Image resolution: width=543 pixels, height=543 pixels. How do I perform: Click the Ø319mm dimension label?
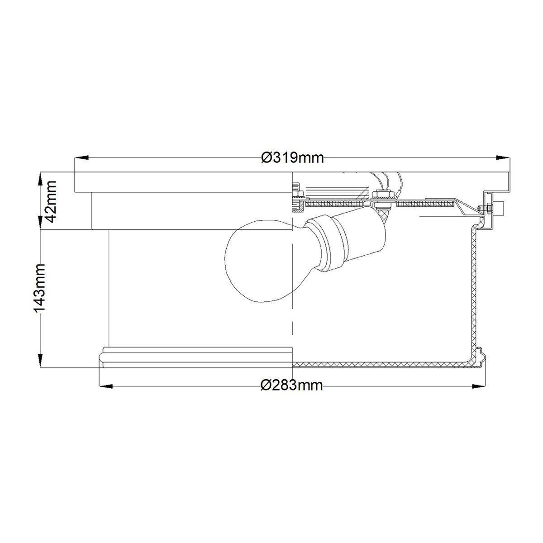[292, 158]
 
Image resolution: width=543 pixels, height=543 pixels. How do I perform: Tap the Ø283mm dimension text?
[292, 385]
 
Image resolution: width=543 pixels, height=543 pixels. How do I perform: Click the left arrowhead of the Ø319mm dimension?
[82, 158]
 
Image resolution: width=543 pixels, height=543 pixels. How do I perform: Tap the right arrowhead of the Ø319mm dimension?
[503, 158]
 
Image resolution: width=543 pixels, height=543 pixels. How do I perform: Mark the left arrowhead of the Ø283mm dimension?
[106, 386]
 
